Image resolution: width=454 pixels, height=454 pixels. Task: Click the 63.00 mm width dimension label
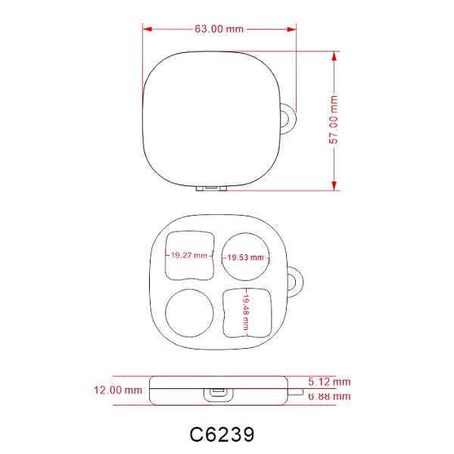(x=219, y=29)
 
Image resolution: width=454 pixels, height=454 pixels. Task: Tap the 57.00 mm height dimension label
(x=334, y=120)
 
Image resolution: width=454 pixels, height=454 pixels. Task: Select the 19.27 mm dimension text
(x=188, y=256)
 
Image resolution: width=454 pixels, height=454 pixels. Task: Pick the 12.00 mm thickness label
(x=117, y=390)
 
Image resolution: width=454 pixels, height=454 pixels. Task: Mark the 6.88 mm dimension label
(x=329, y=396)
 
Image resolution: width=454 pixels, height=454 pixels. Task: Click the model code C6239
(x=222, y=434)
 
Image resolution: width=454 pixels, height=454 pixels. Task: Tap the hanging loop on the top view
(x=288, y=120)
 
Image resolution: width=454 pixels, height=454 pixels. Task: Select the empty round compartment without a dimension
(x=189, y=313)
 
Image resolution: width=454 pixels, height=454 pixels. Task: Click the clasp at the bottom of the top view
(x=212, y=187)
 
